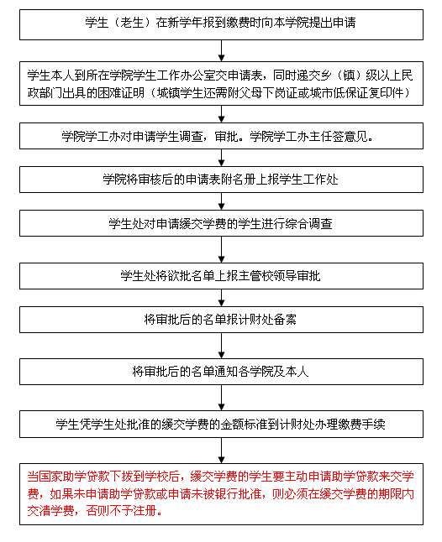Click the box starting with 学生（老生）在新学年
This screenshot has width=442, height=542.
click(x=221, y=24)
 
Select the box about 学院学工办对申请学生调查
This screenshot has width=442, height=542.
click(x=221, y=136)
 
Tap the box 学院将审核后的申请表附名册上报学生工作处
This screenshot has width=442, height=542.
click(x=221, y=180)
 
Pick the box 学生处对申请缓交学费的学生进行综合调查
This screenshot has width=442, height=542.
click(x=221, y=223)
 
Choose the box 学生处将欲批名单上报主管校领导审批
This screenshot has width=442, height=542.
click(x=221, y=276)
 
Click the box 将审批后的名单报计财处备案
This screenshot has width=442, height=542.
click(x=221, y=320)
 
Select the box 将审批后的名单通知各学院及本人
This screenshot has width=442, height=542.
click(x=221, y=372)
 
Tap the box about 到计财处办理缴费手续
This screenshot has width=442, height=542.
click(x=221, y=425)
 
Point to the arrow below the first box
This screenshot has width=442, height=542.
click(x=222, y=51)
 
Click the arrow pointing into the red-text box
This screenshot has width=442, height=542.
click(x=222, y=451)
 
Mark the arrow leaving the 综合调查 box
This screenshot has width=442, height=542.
click(x=222, y=249)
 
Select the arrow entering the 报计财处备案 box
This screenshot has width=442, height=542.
click(x=222, y=298)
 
